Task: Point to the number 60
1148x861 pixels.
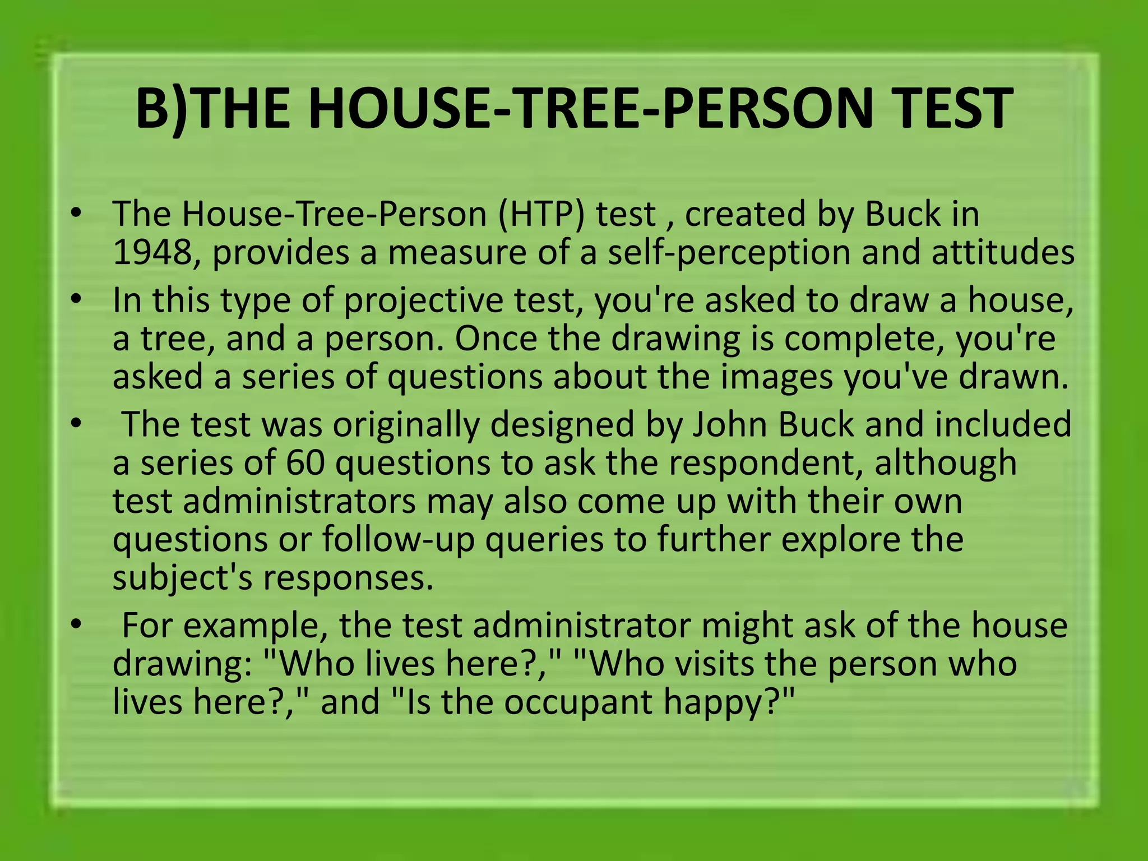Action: [305, 462]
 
